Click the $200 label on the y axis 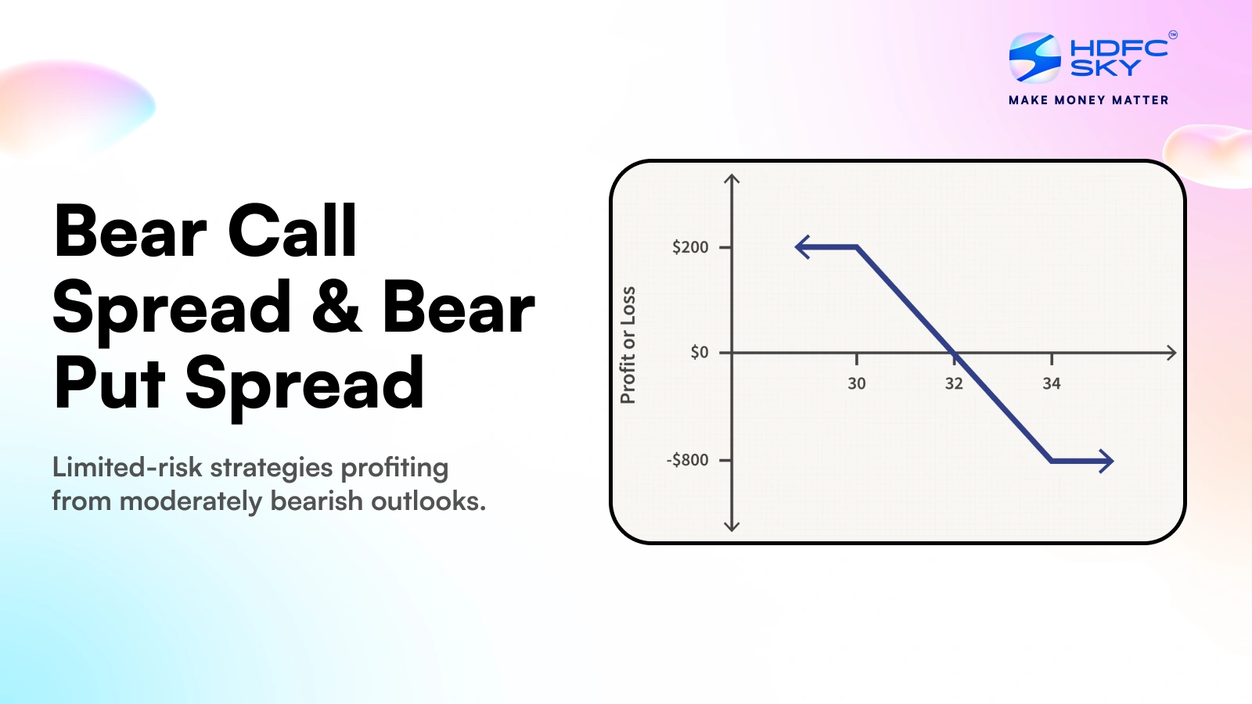[x=690, y=247]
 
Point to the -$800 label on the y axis [x=687, y=460]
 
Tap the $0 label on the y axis [x=699, y=353]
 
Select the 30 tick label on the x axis [x=857, y=383]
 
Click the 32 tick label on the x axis [x=954, y=383]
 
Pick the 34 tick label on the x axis [x=1052, y=383]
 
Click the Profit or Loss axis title [x=628, y=345]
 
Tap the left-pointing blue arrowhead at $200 [x=801, y=247]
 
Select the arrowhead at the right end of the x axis [x=1171, y=353]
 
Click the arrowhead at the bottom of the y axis [x=732, y=526]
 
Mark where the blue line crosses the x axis [x=955, y=353]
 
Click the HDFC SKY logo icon [x=1034, y=57]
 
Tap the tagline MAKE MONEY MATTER [x=1088, y=100]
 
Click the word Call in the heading [x=292, y=231]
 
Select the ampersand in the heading [x=336, y=307]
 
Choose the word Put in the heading [x=110, y=383]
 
